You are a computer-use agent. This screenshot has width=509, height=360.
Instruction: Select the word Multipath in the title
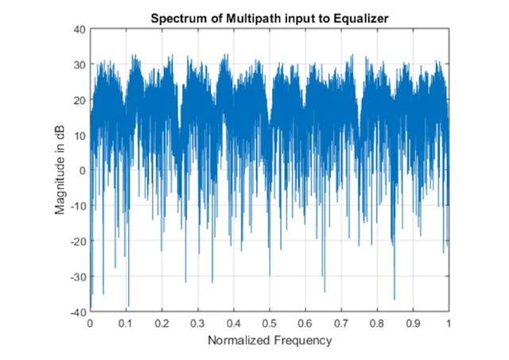point(240,17)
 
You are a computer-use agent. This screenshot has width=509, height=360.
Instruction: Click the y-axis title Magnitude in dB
point(60,171)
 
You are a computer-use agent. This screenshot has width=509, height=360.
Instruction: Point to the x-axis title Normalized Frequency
point(270,340)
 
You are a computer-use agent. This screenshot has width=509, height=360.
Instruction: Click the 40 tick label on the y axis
point(79,29)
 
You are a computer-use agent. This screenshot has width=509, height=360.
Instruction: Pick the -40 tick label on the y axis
point(77,312)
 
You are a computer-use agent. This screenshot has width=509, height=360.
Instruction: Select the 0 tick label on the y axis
point(82,171)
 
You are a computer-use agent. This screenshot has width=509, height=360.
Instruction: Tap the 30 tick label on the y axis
point(79,64)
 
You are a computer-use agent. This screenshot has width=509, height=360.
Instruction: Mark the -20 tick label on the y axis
point(77,242)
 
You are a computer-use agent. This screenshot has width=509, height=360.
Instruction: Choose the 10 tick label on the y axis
point(79,135)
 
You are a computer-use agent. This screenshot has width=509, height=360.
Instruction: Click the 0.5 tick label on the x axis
point(270,324)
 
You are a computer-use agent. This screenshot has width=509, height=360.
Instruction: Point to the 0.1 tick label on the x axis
point(126,324)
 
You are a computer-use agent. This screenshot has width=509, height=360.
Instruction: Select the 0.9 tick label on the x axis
point(414,324)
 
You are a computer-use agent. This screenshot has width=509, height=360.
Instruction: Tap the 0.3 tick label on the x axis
point(198,324)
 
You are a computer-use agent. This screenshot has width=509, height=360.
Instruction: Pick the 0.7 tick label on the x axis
point(342,324)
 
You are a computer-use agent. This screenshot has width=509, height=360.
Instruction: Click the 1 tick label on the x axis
point(449,324)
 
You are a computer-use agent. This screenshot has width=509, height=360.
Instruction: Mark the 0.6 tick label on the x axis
point(305,324)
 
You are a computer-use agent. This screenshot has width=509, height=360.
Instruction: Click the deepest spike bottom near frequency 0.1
point(127,306)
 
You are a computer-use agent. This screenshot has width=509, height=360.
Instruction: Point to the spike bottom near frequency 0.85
point(394,299)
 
